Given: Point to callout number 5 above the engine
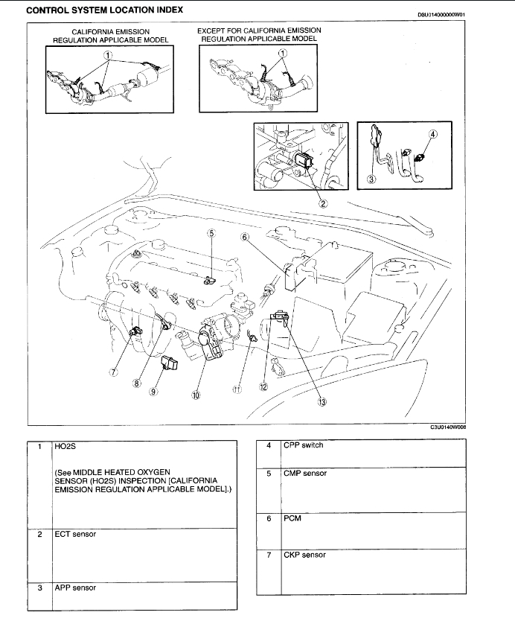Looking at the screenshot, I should [211, 233].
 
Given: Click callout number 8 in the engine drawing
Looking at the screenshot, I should [137, 383].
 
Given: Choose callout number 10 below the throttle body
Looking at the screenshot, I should [196, 396].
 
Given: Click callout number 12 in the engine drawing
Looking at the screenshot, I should [263, 386].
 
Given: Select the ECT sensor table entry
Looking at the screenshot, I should [74, 534].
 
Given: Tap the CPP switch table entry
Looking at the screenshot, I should [303, 446].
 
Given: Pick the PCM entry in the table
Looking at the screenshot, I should [290, 519].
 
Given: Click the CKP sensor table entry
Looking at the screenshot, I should [304, 555].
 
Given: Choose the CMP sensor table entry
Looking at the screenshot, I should [304, 474].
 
